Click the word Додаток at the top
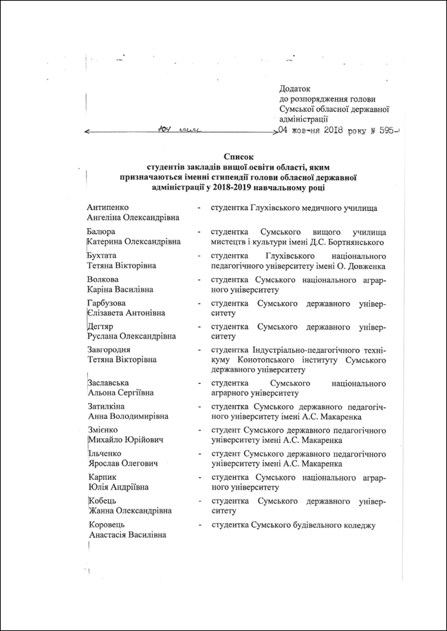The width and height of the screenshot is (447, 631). tap(296, 89)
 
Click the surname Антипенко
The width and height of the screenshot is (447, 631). tap(109, 207)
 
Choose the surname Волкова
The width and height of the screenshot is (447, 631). tap(103, 279)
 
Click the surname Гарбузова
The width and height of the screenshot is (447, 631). tap(107, 303)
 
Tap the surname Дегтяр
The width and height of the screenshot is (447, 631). tap(100, 327)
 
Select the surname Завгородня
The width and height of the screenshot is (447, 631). tap(110, 349)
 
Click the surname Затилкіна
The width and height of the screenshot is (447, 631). tap(108, 406)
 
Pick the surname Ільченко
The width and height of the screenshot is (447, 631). tap(105, 453)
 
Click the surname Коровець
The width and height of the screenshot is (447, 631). tap(106, 525)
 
